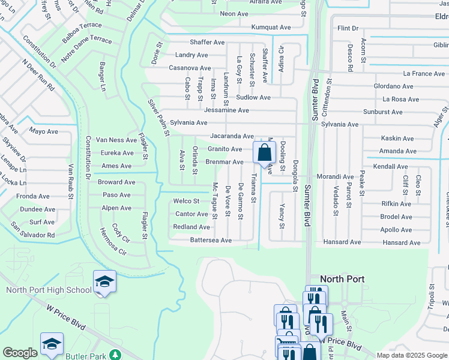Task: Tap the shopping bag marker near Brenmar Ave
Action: (264, 153)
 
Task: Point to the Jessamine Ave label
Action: (226, 110)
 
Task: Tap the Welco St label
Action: (186, 201)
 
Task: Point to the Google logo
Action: (20, 353)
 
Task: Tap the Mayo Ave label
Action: (43, 130)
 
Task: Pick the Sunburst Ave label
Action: (382, 112)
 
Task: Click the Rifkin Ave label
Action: (396, 204)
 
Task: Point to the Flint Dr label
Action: (348, 28)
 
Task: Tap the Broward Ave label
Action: (116, 182)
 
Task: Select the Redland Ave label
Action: (191, 227)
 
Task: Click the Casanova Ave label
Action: (189, 68)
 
